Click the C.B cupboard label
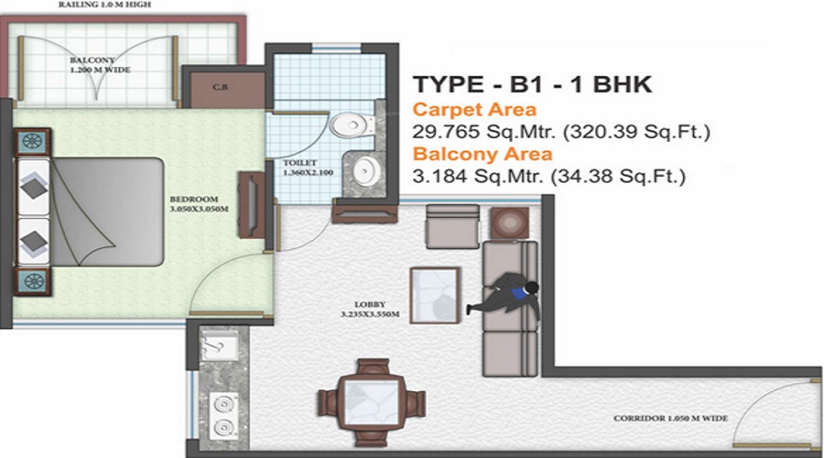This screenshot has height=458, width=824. tap(220, 89)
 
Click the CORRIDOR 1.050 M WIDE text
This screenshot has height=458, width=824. tap(671, 418)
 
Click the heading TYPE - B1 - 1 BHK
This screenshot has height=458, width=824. tap(532, 85)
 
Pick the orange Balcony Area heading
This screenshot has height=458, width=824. tap(482, 154)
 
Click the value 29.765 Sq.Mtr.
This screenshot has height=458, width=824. tap(483, 132)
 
